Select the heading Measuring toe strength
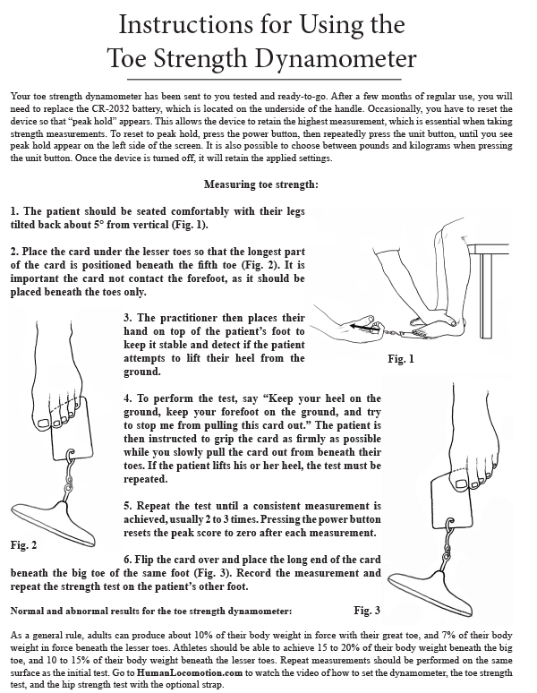(x=268, y=185)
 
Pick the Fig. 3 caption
(x=368, y=610)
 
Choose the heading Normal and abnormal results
(x=150, y=611)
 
